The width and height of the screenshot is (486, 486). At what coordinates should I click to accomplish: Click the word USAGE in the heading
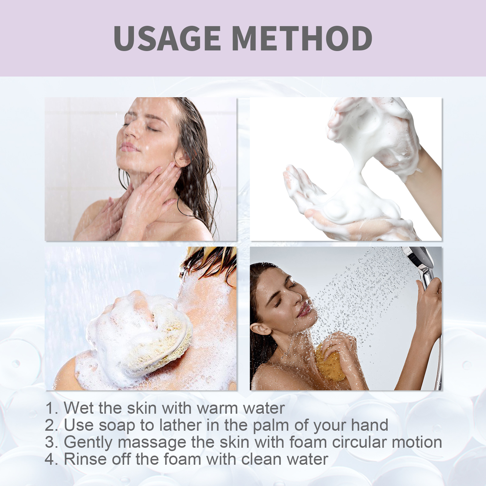click(167, 38)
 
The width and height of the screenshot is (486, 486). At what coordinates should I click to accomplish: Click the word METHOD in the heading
click(302, 38)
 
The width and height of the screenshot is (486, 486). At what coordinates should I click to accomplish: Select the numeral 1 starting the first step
click(50, 408)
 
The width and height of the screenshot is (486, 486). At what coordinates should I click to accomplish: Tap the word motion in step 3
click(417, 442)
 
